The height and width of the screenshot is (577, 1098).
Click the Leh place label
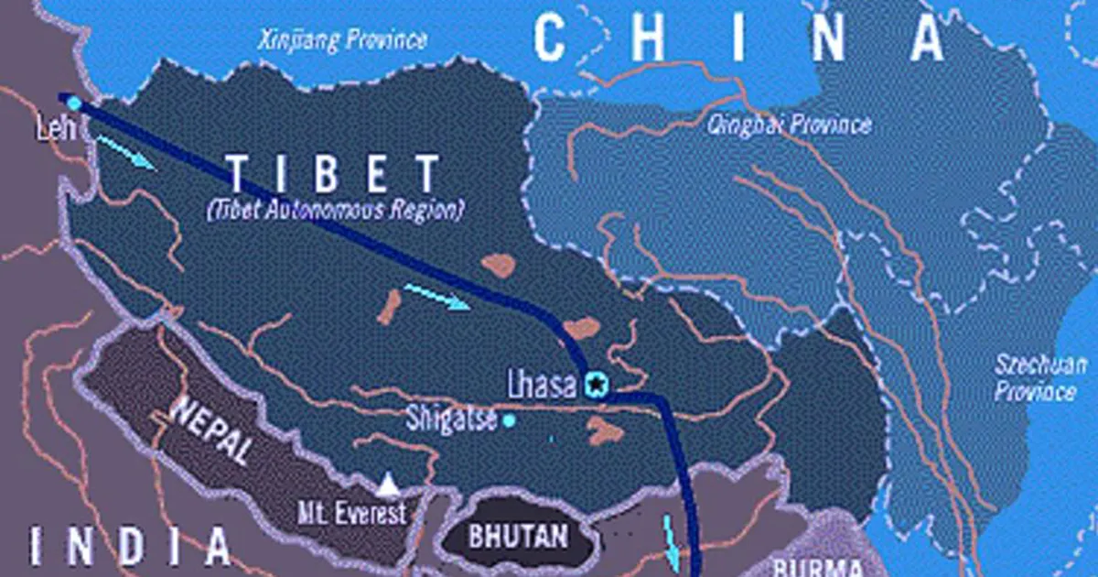53,130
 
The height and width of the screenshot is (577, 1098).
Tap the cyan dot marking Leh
74,103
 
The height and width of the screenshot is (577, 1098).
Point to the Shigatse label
452,420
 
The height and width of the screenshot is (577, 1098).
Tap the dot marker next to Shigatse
509,420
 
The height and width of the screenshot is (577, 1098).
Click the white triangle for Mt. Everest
389,482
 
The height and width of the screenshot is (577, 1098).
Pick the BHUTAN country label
518,535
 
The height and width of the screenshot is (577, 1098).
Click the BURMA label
817,566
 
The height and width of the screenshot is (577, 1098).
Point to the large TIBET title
333,174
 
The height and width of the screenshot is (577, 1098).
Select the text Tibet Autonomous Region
334,210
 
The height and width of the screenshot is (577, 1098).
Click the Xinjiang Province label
342,39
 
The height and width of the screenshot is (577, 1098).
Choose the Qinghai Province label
789,125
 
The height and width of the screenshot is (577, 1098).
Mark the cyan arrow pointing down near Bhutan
672,543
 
